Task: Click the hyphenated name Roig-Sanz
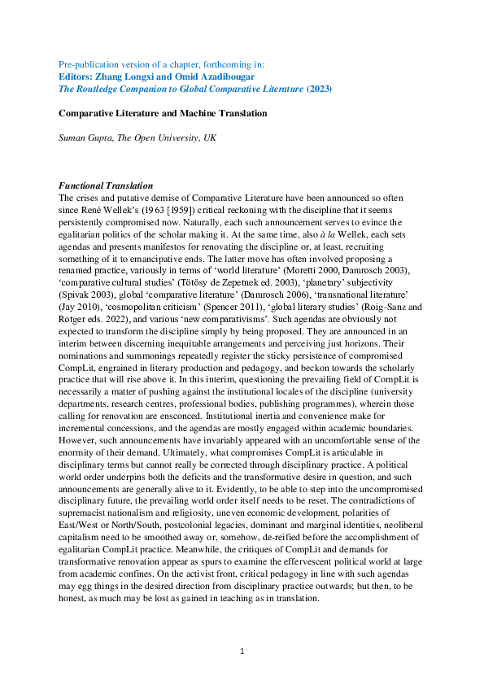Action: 409,318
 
